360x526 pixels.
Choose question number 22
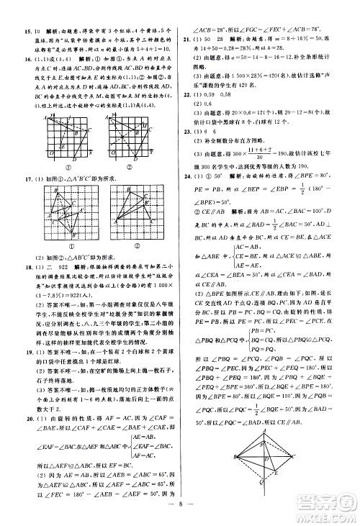click(189, 94)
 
